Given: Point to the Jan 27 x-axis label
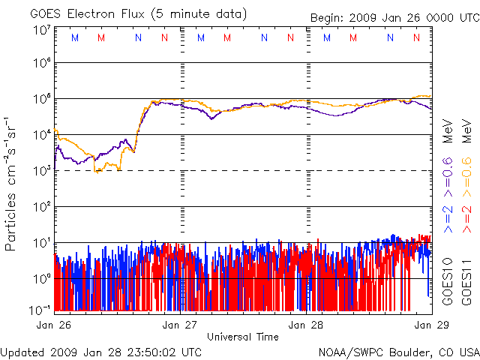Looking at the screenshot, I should [x=180, y=325].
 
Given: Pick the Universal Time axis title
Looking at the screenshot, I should [x=242, y=337].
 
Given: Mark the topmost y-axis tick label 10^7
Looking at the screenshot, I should [x=40, y=31].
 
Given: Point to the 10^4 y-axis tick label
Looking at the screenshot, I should [x=40, y=134].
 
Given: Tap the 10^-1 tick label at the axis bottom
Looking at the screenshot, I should [x=40, y=310].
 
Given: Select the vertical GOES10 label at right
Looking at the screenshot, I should [x=447, y=280].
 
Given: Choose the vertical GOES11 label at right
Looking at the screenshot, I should [x=465, y=280].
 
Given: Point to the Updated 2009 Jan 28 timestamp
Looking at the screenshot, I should [x=101, y=352].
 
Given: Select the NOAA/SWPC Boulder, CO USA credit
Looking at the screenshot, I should [x=398, y=352].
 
